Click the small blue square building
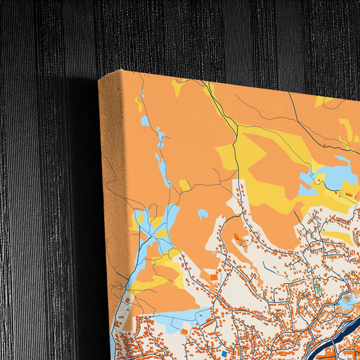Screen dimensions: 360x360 (225, 353)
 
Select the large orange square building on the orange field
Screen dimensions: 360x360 (213, 276)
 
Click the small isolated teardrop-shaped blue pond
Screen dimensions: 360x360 (202, 214)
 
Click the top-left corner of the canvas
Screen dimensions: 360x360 (100, 80)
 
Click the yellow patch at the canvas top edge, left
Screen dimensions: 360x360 (178, 86)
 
